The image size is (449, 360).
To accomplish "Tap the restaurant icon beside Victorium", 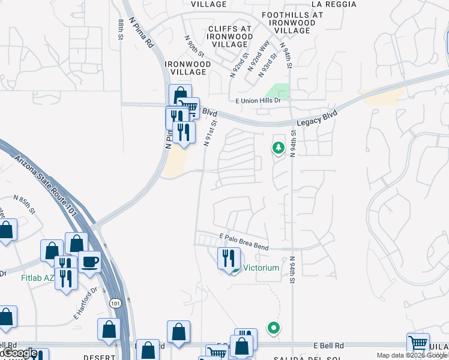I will [x=228, y=258].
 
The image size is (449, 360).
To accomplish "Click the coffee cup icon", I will [x=89, y=261].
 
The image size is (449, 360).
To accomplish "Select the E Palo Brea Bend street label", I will [x=244, y=241].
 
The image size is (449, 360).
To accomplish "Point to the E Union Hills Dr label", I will [x=258, y=100].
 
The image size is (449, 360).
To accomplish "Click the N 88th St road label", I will [x=122, y=29].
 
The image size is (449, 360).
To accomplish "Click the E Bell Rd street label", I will [x=331, y=346].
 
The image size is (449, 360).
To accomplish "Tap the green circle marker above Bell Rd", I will [x=274, y=328].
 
